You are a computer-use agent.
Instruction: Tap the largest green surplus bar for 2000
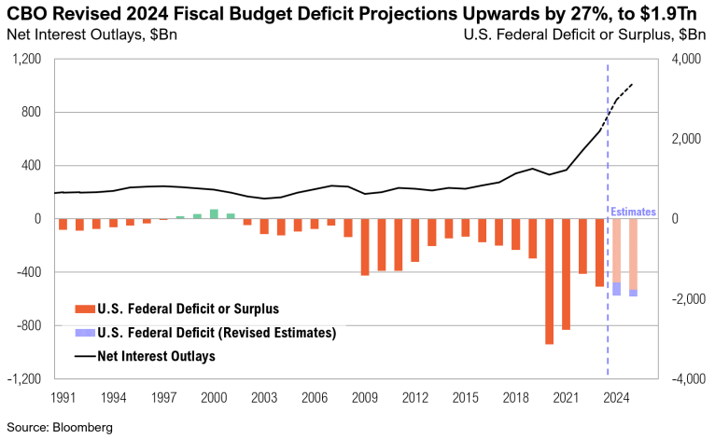click(214, 213)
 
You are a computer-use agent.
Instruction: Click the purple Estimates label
click(633, 213)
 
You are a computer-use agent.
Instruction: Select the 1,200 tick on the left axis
click(30, 60)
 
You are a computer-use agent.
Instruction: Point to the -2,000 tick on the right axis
click(686, 299)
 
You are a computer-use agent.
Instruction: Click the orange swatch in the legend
click(83, 309)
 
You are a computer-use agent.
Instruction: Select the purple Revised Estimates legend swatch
click(83, 332)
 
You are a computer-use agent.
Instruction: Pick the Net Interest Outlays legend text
click(158, 355)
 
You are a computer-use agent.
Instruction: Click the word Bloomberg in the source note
click(83, 427)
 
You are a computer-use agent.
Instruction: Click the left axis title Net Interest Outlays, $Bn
click(91, 35)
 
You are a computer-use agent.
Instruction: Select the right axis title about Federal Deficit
click(584, 35)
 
